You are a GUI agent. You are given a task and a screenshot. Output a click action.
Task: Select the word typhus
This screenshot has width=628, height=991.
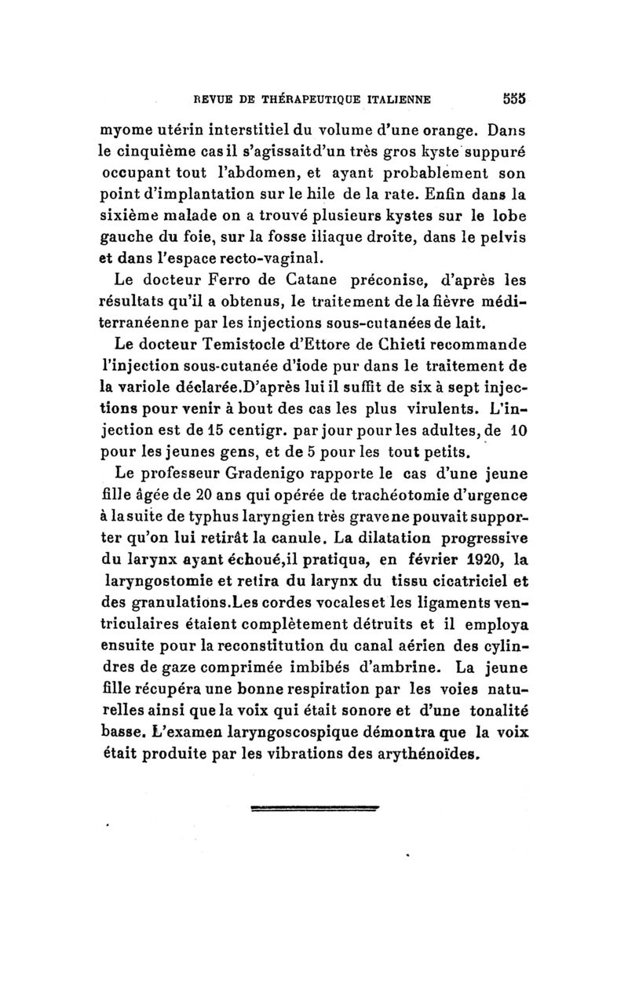tap(231, 517)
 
